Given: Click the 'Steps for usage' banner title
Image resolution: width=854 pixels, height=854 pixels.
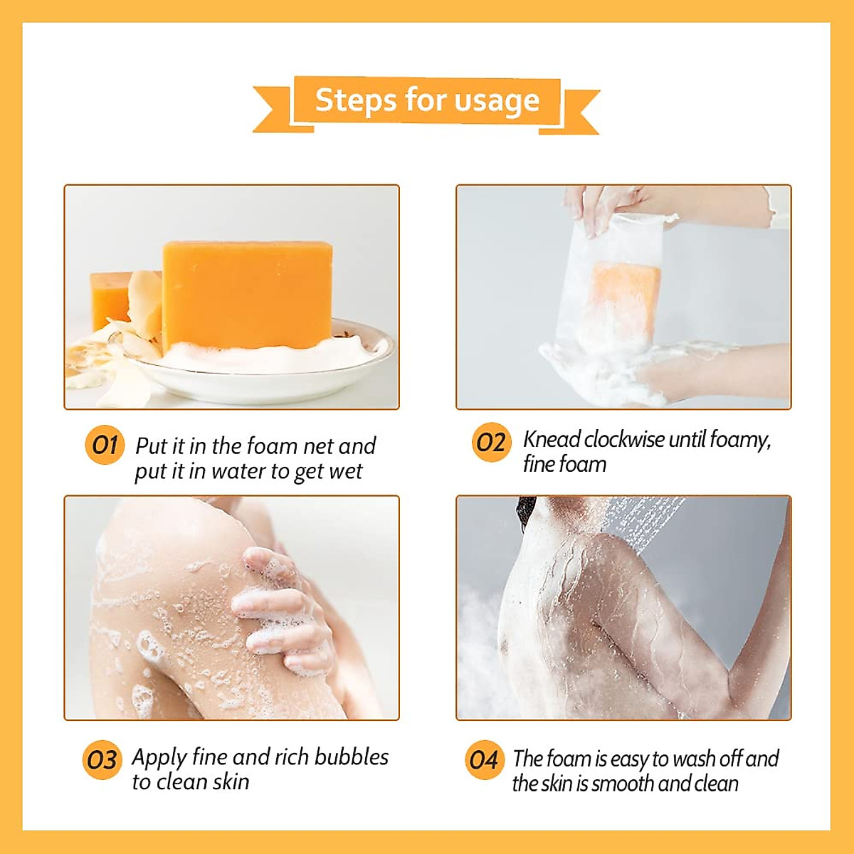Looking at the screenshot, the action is [427, 100].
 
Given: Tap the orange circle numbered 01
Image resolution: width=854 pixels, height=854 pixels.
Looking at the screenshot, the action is [105, 446].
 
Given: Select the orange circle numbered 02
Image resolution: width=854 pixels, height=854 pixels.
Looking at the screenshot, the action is [491, 442].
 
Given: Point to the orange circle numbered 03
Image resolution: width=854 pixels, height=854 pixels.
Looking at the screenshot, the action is [102, 760].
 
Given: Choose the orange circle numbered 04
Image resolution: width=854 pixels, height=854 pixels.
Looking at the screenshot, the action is [484, 760].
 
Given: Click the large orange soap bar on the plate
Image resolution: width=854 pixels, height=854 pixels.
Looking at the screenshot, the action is [247, 295].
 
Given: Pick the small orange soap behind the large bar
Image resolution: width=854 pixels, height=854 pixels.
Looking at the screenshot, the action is [108, 299].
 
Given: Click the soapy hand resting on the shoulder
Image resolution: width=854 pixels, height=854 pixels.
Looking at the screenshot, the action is [285, 612].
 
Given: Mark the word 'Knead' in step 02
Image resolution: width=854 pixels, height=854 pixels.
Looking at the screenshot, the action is [552, 440].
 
